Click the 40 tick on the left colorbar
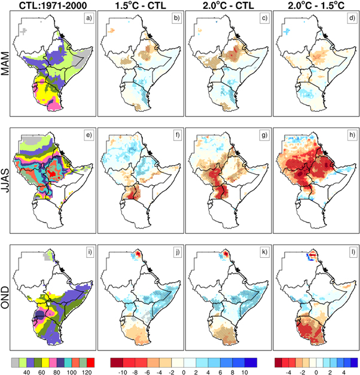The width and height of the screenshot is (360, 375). (27, 371)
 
